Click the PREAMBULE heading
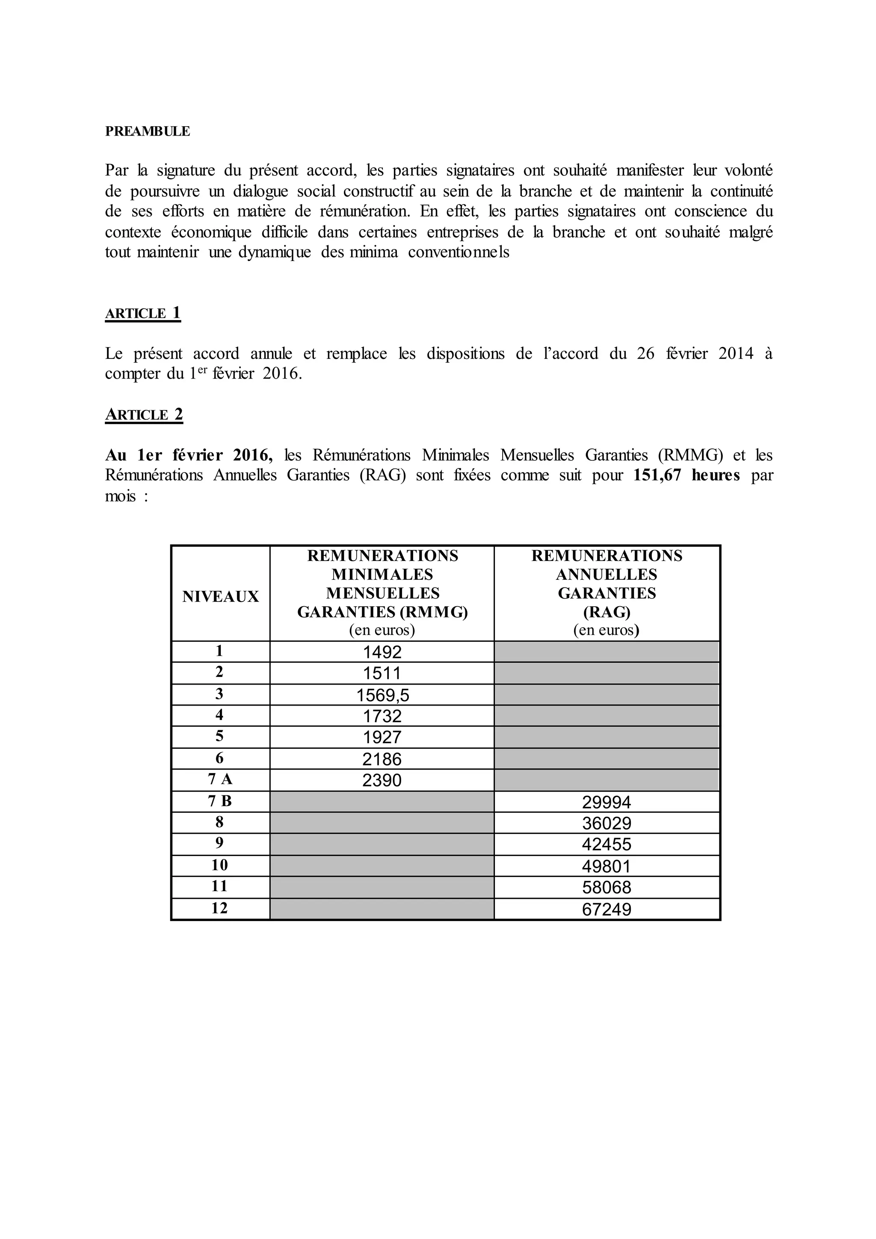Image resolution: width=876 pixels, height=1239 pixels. pyautogui.click(x=147, y=132)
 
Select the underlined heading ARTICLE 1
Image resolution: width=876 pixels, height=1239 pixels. pyautogui.click(x=142, y=313)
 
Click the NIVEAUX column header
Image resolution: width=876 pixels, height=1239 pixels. pyautogui.click(x=220, y=596)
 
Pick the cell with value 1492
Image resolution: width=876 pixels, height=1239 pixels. pyautogui.click(x=382, y=652)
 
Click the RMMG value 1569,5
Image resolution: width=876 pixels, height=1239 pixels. pyautogui.click(x=382, y=696)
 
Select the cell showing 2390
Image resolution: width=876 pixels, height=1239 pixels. pyautogui.click(x=382, y=780)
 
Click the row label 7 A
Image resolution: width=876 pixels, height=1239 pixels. pyautogui.click(x=219, y=779)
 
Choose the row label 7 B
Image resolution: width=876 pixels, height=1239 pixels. pyautogui.click(x=219, y=801)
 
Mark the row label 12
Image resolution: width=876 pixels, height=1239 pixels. pyautogui.click(x=219, y=908)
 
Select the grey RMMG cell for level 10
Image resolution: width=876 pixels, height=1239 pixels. pyautogui.click(x=382, y=866)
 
